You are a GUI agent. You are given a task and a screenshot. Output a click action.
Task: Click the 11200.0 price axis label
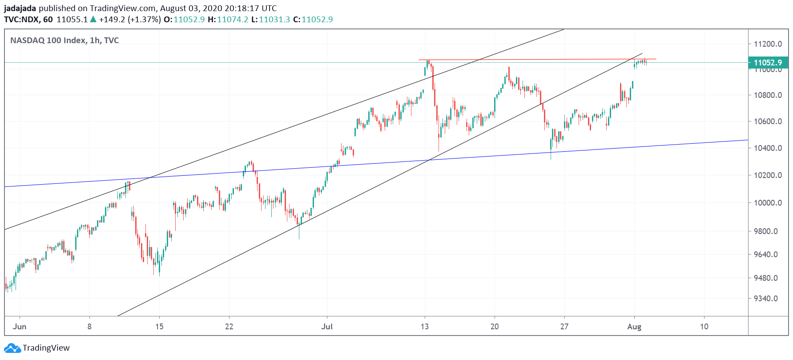(767, 44)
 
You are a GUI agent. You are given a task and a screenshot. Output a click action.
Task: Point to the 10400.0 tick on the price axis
(767, 148)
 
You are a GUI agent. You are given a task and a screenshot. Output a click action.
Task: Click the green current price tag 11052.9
(768, 63)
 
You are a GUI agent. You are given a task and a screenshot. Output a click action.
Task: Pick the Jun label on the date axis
(20, 327)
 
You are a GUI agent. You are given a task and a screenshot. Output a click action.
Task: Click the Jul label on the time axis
(327, 327)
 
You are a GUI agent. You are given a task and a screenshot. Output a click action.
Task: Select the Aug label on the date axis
(634, 327)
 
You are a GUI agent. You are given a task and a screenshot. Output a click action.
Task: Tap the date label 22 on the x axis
(229, 327)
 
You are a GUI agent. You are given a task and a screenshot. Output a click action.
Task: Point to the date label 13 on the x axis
(425, 327)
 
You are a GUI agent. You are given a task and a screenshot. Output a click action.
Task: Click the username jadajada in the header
(20, 8)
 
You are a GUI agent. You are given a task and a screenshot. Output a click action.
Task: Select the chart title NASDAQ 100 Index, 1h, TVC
(64, 40)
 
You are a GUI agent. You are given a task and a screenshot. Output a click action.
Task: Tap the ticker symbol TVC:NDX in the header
(21, 20)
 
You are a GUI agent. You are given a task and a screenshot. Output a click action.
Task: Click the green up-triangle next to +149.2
(93, 19)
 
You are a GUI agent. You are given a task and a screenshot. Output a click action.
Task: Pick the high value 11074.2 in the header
(233, 20)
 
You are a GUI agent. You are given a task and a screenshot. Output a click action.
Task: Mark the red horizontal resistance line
(534, 59)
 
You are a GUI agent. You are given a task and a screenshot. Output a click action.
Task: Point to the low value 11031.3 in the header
(274, 20)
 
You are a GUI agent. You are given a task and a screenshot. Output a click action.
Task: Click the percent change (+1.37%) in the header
(144, 20)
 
